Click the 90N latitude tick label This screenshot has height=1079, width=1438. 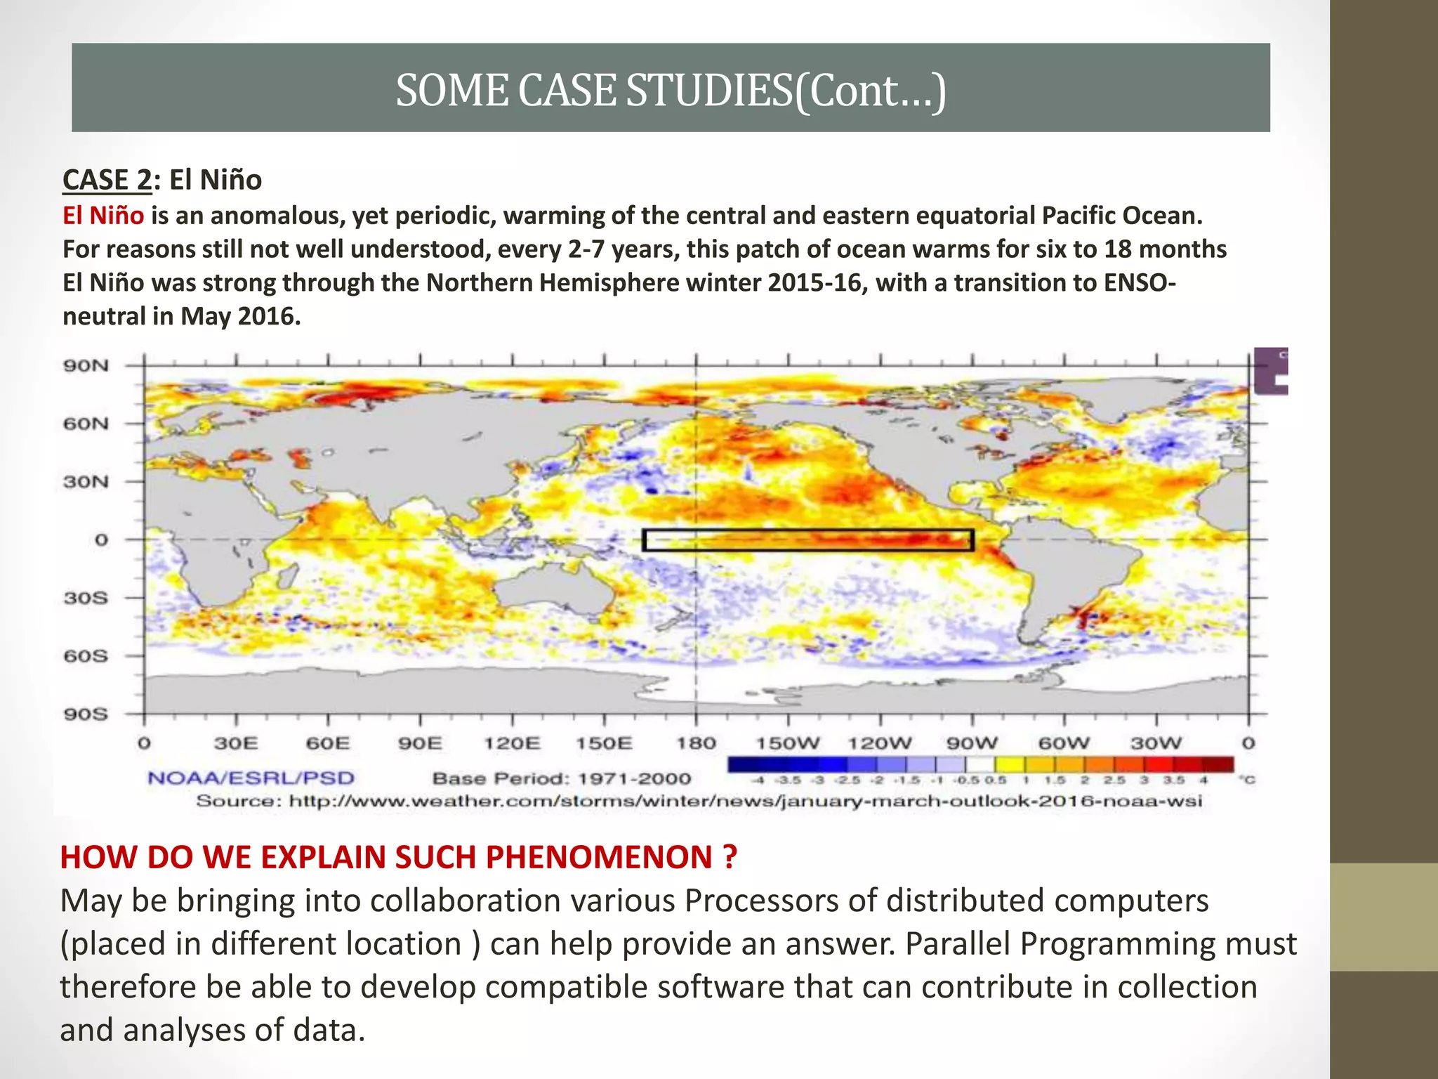pyautogui.click(x=86, y=365)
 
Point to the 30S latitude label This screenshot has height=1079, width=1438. pyautogui.click(x=86, y=598)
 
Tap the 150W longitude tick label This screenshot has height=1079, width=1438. pyautogui.click(x=787, y=743)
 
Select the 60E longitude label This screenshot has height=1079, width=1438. pyautogui.click(x=328, y=743)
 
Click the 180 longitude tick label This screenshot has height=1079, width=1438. pyautogui.click(x=696, y=743)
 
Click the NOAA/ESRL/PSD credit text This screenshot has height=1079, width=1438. pyautogui.click(x=251, y=778)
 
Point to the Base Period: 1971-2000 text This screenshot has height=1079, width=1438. pyautogui.click(x=562, y=778)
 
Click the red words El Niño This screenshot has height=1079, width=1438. pyautogui.click(x=103, y=215)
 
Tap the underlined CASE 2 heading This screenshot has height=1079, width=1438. pyautogui.click(x=107, y=180)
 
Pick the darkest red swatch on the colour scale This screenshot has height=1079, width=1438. pyautogui.click(x=1220, y=764)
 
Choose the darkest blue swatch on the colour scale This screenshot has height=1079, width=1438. pyautogui.click(x=743, y=764)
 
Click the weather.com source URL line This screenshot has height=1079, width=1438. pyautogui.click(x=699, y=801)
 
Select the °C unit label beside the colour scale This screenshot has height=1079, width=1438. pyautogui.click(x=1248, y=780)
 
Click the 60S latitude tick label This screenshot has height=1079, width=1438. pyautogui.click(x=86, y=656)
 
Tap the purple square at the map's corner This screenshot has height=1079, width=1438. pyautogui.click(x=1270, y=371)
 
